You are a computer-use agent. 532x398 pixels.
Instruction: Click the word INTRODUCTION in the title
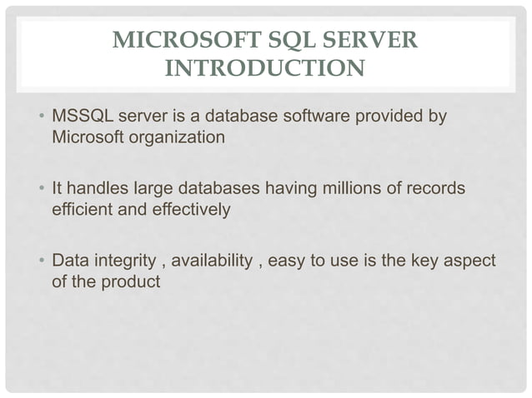(264, 67)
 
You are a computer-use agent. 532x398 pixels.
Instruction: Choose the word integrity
(126, 262)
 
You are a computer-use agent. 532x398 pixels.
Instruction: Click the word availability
(212, 262)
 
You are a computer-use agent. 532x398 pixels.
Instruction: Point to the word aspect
(469, 262)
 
